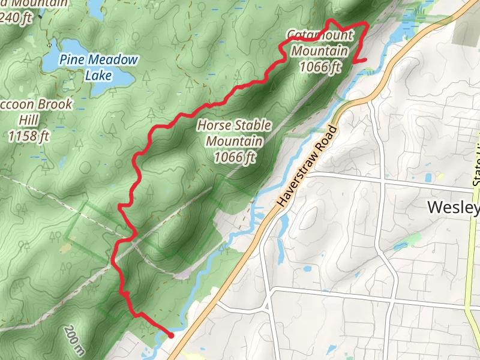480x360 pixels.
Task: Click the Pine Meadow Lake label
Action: click(x=98, y=67)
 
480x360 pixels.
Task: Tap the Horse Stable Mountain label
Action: click(x=234, y=142)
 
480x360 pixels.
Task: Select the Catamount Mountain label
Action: click(x=319, y=50)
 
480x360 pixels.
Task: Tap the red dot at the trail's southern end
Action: click(x=171, y=335)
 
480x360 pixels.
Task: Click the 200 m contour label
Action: click(x=73, y=340)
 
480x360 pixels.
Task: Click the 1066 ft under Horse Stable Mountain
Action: click(x=235, y=157)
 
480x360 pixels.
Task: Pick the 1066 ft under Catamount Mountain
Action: click(x=320, y=67)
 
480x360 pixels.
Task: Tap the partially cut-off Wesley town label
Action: click(x=454, y=208)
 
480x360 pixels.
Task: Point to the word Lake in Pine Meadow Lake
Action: click(x=98, y=75)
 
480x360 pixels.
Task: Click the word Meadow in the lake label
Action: click(x=112, y=60)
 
